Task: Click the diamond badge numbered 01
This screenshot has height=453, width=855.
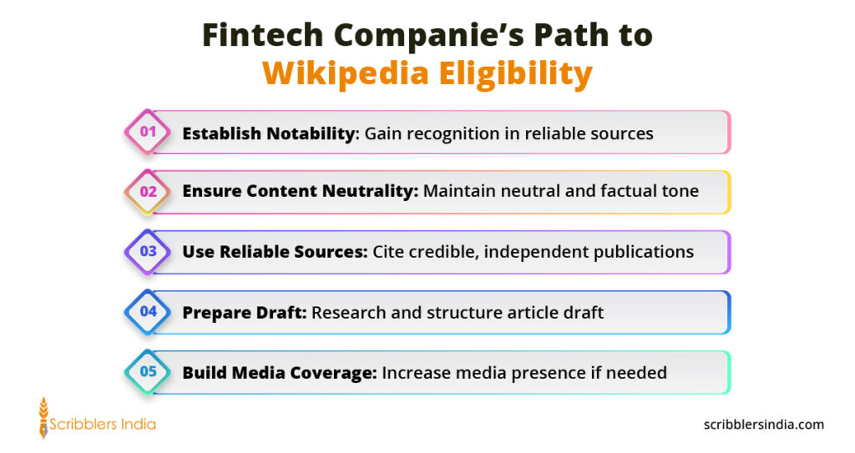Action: pos(148,132)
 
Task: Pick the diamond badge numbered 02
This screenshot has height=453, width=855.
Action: pos(148,192)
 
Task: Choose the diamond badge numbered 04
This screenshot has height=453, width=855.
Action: pos(148,312)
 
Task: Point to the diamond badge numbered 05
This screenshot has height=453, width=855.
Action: pos(148,372)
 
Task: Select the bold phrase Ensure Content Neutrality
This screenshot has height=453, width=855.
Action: pos(300,191)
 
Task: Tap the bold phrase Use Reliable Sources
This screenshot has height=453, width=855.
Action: pos(275,251)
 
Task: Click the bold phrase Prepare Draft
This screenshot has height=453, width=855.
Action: pos(245,312)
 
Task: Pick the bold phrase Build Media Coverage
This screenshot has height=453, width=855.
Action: pos(279,372)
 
